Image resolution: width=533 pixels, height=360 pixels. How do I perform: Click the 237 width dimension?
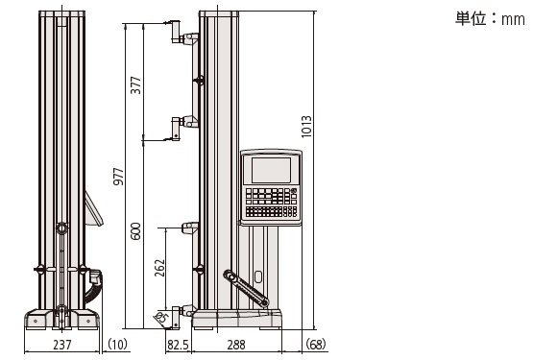62,345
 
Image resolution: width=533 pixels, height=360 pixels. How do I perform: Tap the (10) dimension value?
117,344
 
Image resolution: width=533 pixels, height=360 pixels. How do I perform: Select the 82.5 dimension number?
178,345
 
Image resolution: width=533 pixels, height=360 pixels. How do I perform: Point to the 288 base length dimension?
236,345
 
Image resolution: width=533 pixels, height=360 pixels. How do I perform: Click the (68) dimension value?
316,344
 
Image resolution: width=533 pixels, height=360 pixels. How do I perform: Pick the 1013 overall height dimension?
306,127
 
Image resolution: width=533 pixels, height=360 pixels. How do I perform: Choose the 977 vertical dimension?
119,176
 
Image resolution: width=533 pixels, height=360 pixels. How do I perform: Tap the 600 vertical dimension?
135,231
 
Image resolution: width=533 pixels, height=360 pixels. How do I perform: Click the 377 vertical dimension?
135,85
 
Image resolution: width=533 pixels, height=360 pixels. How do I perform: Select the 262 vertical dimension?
159,268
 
